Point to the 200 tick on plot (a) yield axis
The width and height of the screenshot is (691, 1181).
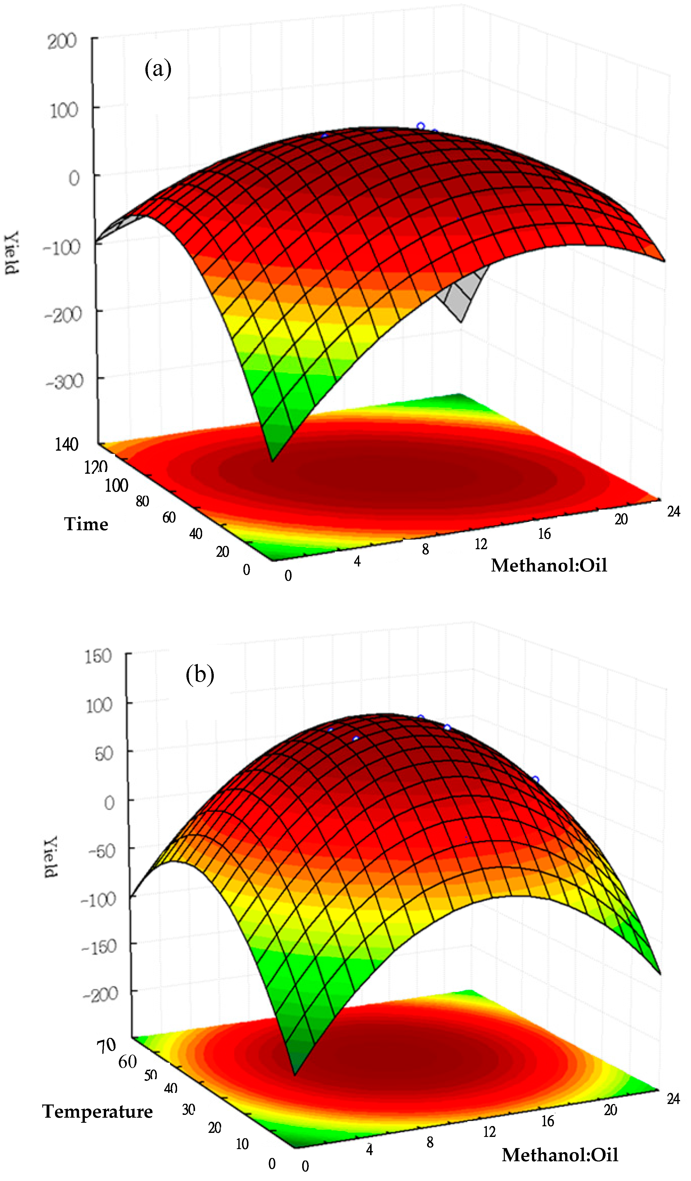point(62,41)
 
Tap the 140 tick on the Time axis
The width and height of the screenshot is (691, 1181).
point(67,444)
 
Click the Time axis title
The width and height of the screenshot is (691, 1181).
point(86,524)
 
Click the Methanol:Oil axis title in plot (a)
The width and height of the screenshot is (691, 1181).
point(549,565)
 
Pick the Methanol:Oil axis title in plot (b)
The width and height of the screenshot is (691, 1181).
point(560,1154)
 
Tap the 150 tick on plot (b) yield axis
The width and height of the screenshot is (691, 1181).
point(98,656)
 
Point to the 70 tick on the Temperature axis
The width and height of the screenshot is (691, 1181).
point(106,1045)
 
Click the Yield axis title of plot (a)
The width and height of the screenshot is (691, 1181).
point(11,253)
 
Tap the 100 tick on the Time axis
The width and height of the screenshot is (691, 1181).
point(116,486)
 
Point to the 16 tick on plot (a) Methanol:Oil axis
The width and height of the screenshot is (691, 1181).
point(544,533)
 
